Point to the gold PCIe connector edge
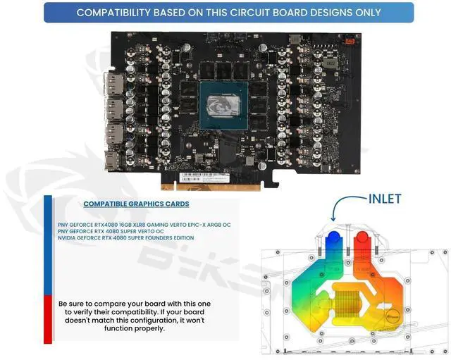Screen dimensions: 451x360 click(212, 185)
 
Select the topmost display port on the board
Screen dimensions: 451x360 click(112, 85)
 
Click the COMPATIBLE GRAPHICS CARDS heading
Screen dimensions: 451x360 click(136, 204)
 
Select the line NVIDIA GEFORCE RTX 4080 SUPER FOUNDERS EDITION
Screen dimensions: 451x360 click(126, 238)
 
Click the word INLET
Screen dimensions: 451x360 click(385, 199)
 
